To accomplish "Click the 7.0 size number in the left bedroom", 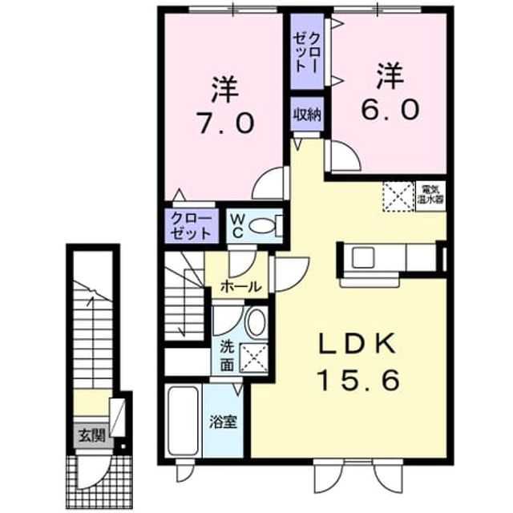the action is pyautogui.click(x=225, y=123).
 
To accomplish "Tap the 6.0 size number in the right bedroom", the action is pyautogui.click(x=390, y=109).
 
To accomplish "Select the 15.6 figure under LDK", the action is pyautogui.click(x=359, y=379).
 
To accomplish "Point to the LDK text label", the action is pyautogui.click(x=357, y=344).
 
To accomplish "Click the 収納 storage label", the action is pyautogui.click(x=307, y=115).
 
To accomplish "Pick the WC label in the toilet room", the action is pyautogui.click(x=238, y=226).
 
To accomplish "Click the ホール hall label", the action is pyautogui.click(x=241, y=287).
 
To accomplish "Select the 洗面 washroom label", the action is pyautogui.click(x=227, y=356).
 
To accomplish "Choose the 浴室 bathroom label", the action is pyautogui.click(x=224, y=422).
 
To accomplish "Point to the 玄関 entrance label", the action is pyautogui.click(x=92, y=436).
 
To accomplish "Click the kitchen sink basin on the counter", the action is pyautogui.click(x=363, y=258).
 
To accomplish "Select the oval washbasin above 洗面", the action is pyautogui.click(x=256, y=322).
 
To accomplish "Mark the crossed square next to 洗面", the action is pyautogui.click(x=254, y=357).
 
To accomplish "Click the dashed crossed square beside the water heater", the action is pyautogui.click(x=398, y=196).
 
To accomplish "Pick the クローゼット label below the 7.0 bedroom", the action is pyautogui.click(x=191, y=225).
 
